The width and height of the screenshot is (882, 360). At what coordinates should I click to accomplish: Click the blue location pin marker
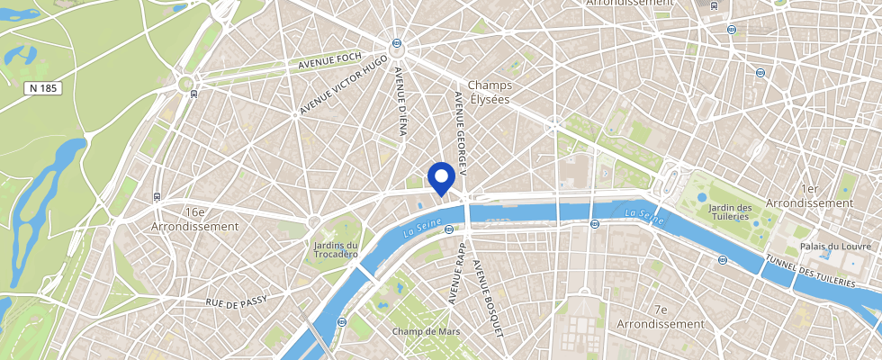point(440,176)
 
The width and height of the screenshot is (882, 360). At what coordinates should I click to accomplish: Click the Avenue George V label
point(460,127)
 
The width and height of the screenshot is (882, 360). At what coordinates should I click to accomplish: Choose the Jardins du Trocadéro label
point(337,249)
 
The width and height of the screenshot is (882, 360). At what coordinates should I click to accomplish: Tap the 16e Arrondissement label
point(195,219)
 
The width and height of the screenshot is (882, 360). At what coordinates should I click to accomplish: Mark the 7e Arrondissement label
point(661,316)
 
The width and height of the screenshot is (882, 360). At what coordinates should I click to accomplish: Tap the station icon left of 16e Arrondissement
point(157,195)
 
